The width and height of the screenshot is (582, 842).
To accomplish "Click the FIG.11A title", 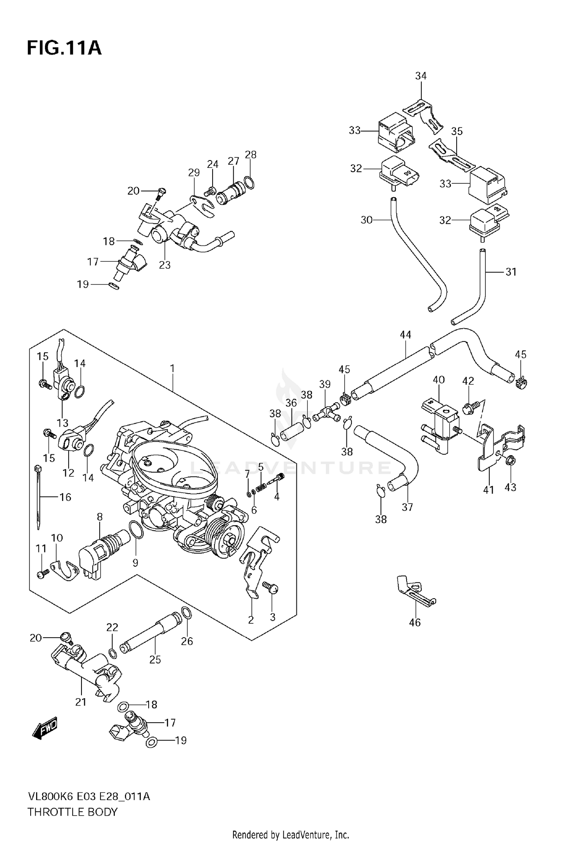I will coord(64,48).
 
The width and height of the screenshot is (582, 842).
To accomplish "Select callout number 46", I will coord(415,622).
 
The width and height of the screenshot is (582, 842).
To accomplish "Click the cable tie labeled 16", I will coord(38,496).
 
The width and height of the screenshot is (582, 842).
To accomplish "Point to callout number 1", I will coord(172,368).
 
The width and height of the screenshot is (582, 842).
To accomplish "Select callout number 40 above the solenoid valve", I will coord(438,380).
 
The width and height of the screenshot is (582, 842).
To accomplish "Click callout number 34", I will coord(421,76).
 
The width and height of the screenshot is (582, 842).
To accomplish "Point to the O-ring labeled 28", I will coord(250,182).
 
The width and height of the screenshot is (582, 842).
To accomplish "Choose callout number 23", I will coord(165,265).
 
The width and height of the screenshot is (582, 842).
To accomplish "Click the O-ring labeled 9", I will coord(135,530).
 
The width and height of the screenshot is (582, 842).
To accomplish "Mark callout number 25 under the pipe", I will coord(155,659).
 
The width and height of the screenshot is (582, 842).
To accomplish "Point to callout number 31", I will coord(511,272).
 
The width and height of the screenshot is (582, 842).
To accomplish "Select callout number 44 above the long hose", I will coord(405,335).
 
